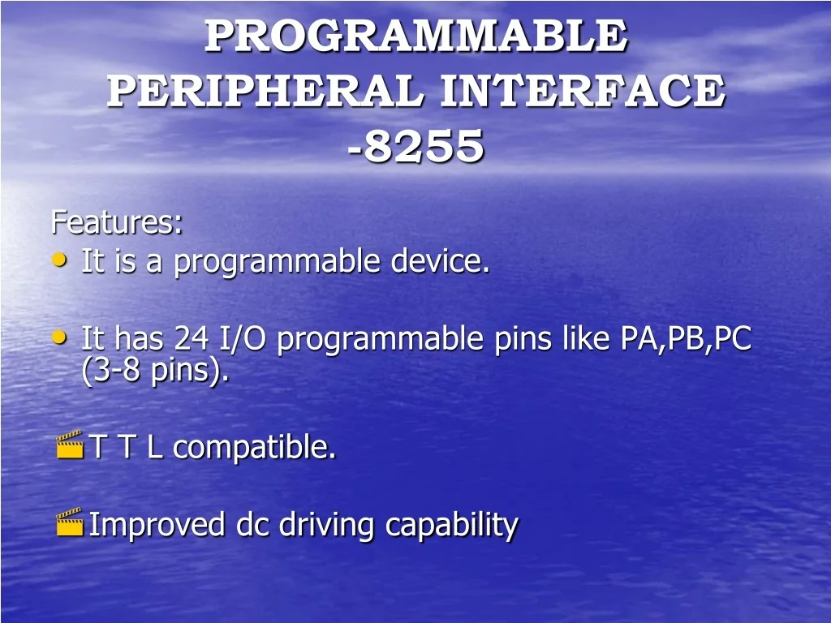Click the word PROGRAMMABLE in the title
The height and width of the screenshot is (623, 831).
coord(415,36)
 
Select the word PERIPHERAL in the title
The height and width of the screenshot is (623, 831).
coord(266,91)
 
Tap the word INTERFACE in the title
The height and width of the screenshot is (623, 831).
coord(582,91)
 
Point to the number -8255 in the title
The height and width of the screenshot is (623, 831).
coord(415,147)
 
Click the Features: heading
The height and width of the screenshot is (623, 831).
coord(117,221)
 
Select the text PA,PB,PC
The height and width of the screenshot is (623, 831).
coord(686,338)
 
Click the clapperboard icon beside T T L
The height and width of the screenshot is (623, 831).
coord(70,445)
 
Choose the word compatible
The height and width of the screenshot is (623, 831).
coord(254,447)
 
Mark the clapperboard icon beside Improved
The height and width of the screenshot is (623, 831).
coord(70,522)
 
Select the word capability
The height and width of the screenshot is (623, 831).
coord(451,525)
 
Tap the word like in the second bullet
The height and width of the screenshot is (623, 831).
coord(587,338)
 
